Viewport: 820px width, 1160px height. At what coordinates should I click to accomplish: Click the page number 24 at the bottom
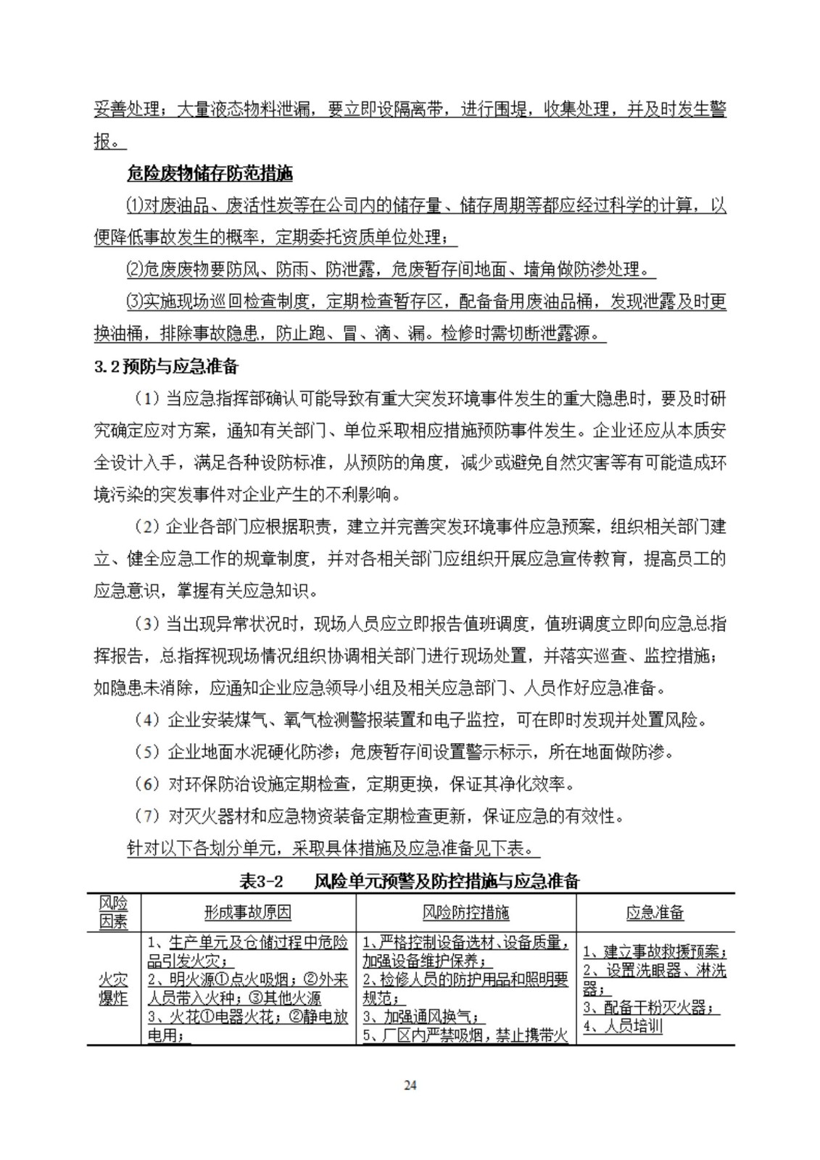pyautogui.click(x=410, y=1085)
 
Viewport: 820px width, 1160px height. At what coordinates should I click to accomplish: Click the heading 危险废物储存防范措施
pyautogui.click(x=210, y=174)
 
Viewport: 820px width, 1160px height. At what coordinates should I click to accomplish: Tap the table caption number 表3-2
pyautogui.click(x=260, y=882)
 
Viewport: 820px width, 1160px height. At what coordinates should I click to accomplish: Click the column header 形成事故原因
pyautogui.click(x=248, y=913)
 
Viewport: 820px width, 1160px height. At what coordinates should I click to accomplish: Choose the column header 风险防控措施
pyautogui.click(x=465, y=913)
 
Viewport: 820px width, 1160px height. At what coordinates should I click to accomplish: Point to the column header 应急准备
pyautogui.click(x=655, y=913)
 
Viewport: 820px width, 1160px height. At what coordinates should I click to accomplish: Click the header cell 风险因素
pyautogui.click(x=113, y=913)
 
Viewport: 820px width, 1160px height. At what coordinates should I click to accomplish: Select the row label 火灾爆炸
pyautogui.click(x=113, y=989)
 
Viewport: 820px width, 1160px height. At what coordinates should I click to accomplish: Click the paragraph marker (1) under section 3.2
pyautogui.click(x=146, y=399)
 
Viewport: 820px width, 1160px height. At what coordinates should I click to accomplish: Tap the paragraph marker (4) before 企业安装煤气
pyautogui.click(x=146, y=720)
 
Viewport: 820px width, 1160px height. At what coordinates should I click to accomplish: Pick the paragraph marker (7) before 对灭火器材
pyautogui.click(x=146, y=816)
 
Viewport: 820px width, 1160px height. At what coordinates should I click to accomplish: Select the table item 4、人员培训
pyautogui.click(x=623, y=1027)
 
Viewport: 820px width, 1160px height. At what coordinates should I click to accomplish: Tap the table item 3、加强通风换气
pyautogui.click(x=424, y=1017)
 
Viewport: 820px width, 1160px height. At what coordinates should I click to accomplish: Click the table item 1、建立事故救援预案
pyautogui.click(x=655, y=951)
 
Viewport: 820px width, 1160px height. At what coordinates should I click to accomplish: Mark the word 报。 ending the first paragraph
pyautogui.click(x=107, y=142)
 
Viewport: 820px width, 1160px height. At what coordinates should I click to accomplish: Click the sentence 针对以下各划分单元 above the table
pyautogui.click(x=333, y=848)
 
